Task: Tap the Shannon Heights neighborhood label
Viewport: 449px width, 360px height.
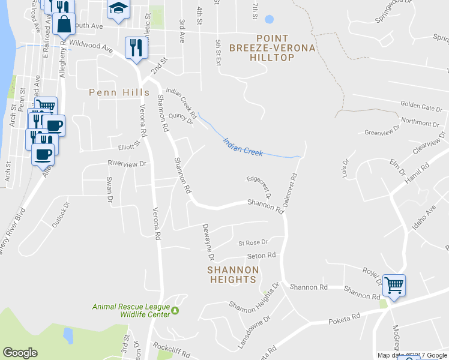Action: [x=232, y=275]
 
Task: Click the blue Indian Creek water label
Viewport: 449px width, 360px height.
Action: [x=243, y=148]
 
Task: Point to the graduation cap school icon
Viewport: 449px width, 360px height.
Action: [x=118, y=8]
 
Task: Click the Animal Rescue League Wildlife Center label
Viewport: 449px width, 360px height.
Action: [x=130, y=310]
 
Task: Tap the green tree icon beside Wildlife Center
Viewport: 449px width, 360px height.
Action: [x=175, y=310]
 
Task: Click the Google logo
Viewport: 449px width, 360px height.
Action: [x=20, y=353]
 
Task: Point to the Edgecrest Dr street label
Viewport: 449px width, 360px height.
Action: [x=259, y=187]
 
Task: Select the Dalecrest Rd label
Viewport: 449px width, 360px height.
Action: [x=294, y=191]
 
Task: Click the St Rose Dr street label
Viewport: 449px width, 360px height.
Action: [x=252, y=243]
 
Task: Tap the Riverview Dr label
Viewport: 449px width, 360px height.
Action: [x=127, y=163]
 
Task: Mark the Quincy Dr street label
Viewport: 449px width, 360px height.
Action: [x=181, y=118]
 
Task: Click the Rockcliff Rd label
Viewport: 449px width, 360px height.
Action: [x=172, y=347]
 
